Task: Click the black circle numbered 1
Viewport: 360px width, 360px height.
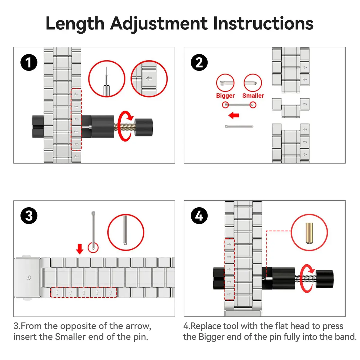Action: [29, 62]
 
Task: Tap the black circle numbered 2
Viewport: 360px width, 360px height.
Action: [199, 62]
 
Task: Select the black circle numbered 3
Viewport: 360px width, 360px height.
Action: [29, 216]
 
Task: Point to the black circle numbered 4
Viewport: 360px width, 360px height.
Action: [199, 216]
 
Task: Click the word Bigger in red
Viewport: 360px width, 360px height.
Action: [225, 96]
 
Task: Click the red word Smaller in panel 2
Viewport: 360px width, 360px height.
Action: [253, 95]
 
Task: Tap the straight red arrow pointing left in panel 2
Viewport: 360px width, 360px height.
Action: [234, 115]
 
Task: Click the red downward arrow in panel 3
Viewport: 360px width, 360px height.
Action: [80, 249]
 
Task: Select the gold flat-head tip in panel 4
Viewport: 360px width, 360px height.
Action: [309, 233]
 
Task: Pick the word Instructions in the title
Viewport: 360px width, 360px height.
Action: [263, 23]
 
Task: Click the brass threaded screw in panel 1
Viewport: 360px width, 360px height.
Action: [124, 127]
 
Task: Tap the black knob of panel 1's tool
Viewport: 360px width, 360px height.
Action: [144, 127]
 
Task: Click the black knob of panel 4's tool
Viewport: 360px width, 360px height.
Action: [325, 279]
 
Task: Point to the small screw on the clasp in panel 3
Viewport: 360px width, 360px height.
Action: [28, 278]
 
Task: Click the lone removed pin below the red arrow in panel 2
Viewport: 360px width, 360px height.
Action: [239, 127]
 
